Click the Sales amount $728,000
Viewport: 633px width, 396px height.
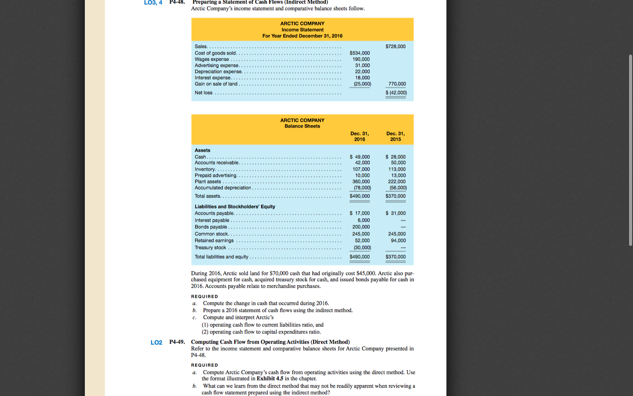(x=395, y=46)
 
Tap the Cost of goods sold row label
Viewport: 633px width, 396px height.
(x=215, y=53)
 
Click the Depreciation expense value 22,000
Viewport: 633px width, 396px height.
(x=362, y=72)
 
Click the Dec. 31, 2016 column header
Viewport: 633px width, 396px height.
(x=359, y=136)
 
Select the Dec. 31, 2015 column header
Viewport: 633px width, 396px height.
(x=395, y=136)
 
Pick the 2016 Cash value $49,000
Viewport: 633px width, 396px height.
(x=360, y=157)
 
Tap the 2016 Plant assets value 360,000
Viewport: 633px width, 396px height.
(x=361, y=182)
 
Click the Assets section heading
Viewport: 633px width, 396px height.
(x=202, y=150)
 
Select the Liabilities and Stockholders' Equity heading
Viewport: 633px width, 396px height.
(x=235, y=207)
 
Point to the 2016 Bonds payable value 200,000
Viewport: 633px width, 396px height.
(x=361, y=227)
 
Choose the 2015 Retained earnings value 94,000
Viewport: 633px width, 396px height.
(x=398, y=241)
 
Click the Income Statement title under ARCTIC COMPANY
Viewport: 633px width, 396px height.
(x=302, y=30)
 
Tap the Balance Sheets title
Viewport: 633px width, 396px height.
(x=302, y=126)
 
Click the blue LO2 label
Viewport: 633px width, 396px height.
(x=156, y=343)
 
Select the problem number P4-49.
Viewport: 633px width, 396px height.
(x=177, y=342)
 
